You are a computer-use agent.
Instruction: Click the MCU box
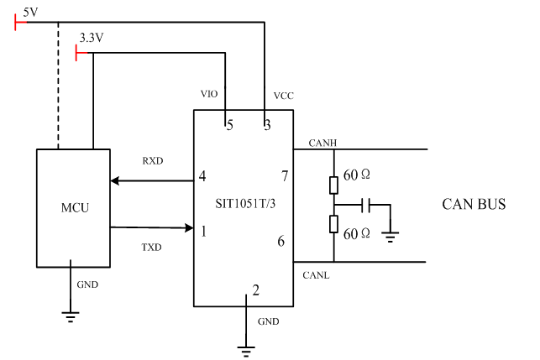[x=73, y=207]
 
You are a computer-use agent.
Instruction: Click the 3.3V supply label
[x=91, y=39]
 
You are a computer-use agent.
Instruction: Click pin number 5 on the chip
[x=228, y=125]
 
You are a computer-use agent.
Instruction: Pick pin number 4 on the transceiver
[x=202, y=177]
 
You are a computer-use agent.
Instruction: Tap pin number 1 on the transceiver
[x=202, y=228]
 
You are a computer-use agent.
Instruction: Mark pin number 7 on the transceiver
[x=285, y=176]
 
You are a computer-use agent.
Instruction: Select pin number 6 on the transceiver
[x=282, y=241]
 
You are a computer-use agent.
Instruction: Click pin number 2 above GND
[x=256, y=291]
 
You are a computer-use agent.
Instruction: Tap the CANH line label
[x=322, y=142]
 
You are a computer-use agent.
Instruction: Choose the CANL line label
[x=317, y=274]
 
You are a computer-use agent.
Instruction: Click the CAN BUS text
[x=474, y=205]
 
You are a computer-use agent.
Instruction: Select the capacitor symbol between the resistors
[x=368, y=205]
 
